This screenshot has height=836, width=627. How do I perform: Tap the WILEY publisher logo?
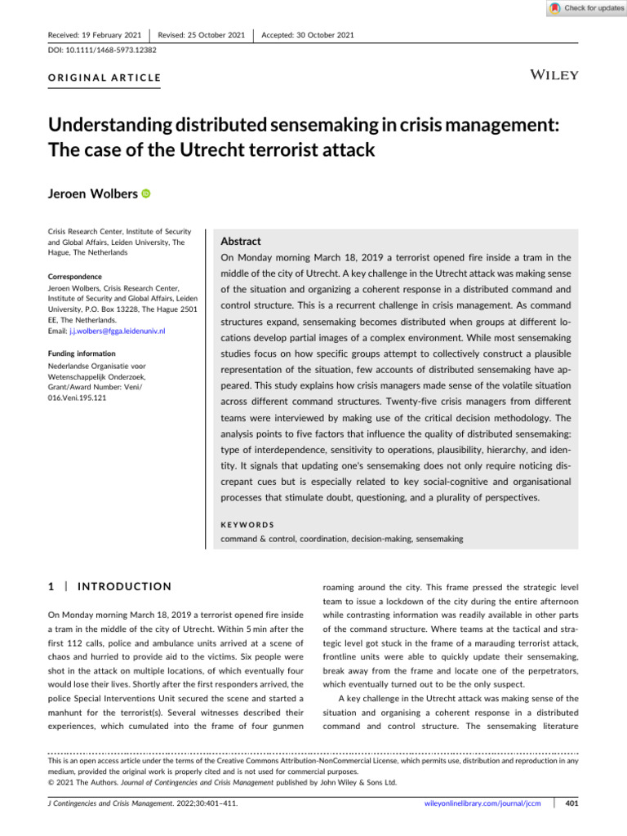[x=555, y=75]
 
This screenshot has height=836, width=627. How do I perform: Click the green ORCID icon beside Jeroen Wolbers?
[x=146, y=193]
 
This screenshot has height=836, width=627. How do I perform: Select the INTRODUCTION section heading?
[x=123, y=586]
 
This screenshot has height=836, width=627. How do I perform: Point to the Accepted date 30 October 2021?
[x=308, y=35]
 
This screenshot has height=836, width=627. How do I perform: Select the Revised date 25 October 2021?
[x=202, y=35]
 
